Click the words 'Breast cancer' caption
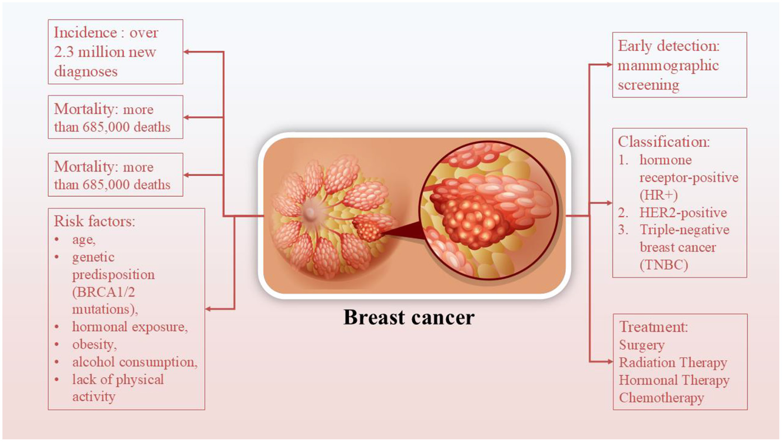(x=409, y=317)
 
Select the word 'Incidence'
(x=85, y=33)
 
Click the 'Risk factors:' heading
(x=94, y=221)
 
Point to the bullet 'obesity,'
(x=94, y=344)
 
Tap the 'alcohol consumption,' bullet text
(x=135, y=362)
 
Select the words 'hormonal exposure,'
(x=130, y=327)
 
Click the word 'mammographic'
(x=668, y=66)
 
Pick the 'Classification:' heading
(x=664, y=142)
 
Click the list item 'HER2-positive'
(x=683, y=213)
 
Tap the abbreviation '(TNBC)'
(x=664, y=265)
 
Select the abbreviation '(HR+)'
(x=658, y=195)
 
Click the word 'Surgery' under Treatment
(x=642, y=345)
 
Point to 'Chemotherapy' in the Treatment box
(x=661, y=398)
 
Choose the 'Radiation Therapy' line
(x=673, y=363)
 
